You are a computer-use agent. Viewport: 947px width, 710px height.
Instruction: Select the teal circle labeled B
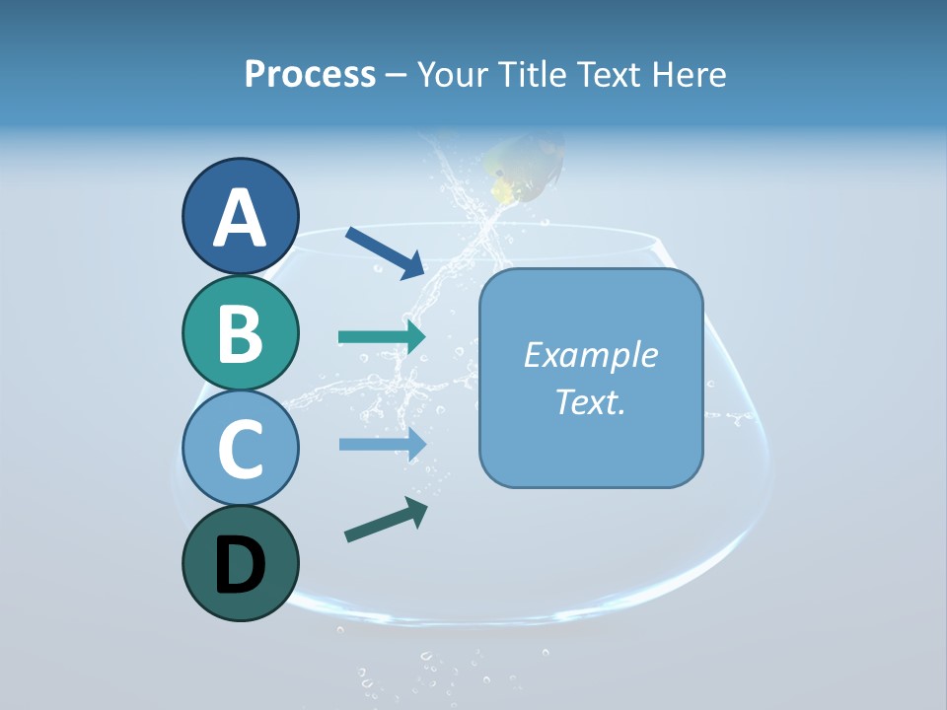(240, 332)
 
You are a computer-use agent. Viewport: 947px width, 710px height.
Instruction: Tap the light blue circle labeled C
(240, 449)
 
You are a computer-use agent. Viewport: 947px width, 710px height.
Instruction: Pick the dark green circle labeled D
(240, 563)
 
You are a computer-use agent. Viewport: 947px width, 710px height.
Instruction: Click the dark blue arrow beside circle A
(385, 252)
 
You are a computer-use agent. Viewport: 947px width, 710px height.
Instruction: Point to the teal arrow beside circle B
(382, 337)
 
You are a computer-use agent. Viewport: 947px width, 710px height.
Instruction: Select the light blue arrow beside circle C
(382, 445)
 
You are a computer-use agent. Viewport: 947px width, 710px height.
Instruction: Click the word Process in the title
(310, 75)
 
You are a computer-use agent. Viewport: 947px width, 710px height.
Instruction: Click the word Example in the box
(591, 355)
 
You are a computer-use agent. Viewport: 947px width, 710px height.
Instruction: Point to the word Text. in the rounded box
(591, 401)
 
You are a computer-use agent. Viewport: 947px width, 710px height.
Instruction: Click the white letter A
(240, 218)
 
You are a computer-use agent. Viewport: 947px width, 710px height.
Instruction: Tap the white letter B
(240, 333)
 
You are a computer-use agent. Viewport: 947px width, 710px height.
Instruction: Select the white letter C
(240, 450)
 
